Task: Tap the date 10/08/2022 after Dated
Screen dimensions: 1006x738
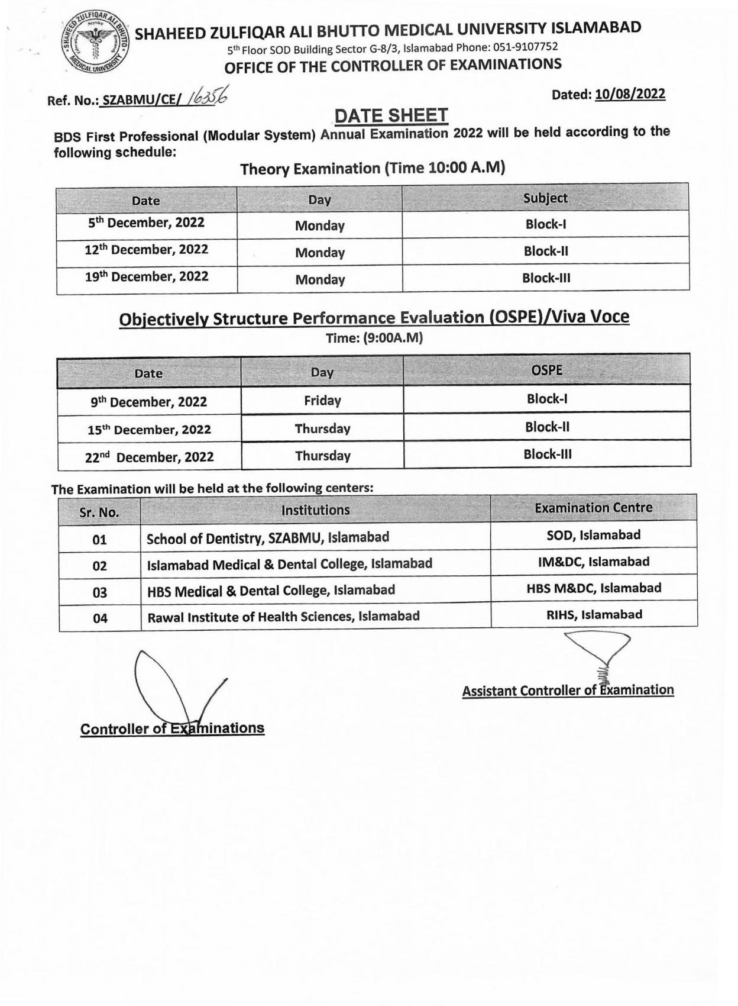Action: tap(630, 94)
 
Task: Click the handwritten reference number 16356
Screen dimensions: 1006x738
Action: tap(207, 96)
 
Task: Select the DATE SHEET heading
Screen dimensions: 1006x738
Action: tap(391, 115)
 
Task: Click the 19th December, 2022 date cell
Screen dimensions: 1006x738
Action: tap(146, 276)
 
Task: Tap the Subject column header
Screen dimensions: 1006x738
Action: tap(545, 198)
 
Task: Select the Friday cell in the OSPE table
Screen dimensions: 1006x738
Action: tap(322, 401)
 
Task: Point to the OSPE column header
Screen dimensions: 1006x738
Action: tap(546, 370)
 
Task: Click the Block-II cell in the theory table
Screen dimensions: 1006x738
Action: tap(545, 251)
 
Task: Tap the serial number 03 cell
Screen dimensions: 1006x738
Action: tap(99, 592)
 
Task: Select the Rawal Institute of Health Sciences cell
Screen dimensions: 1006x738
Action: tap(283, 617)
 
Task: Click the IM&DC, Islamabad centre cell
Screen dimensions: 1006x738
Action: tap(593, 562)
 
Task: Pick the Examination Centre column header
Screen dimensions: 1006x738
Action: tap(593, 508)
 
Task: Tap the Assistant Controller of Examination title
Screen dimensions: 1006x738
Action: tap(568, 691)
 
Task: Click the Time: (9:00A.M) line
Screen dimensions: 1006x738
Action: tap(374, 338)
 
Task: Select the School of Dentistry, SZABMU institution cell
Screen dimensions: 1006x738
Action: tap(267, 538)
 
